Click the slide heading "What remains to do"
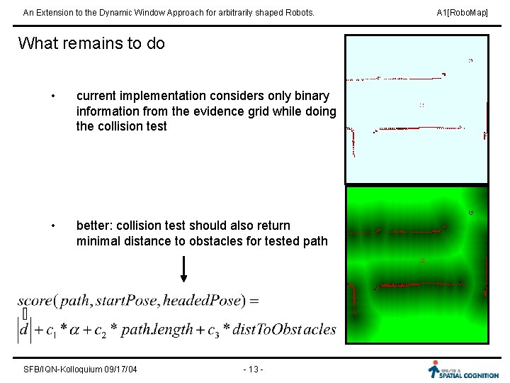[x=91, y=43]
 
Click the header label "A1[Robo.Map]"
[x=463, y=13]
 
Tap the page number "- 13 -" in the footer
[x=253, y=369]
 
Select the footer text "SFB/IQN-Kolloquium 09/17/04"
[x=80, y=369]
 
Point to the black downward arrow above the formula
[x=183, y=269]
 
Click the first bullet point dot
[x=53, y=96]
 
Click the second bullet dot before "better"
[x=53, y=226]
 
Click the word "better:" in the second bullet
[x=95, y=226]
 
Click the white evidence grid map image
[x=416, y=109]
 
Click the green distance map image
[x=416, y=265]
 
